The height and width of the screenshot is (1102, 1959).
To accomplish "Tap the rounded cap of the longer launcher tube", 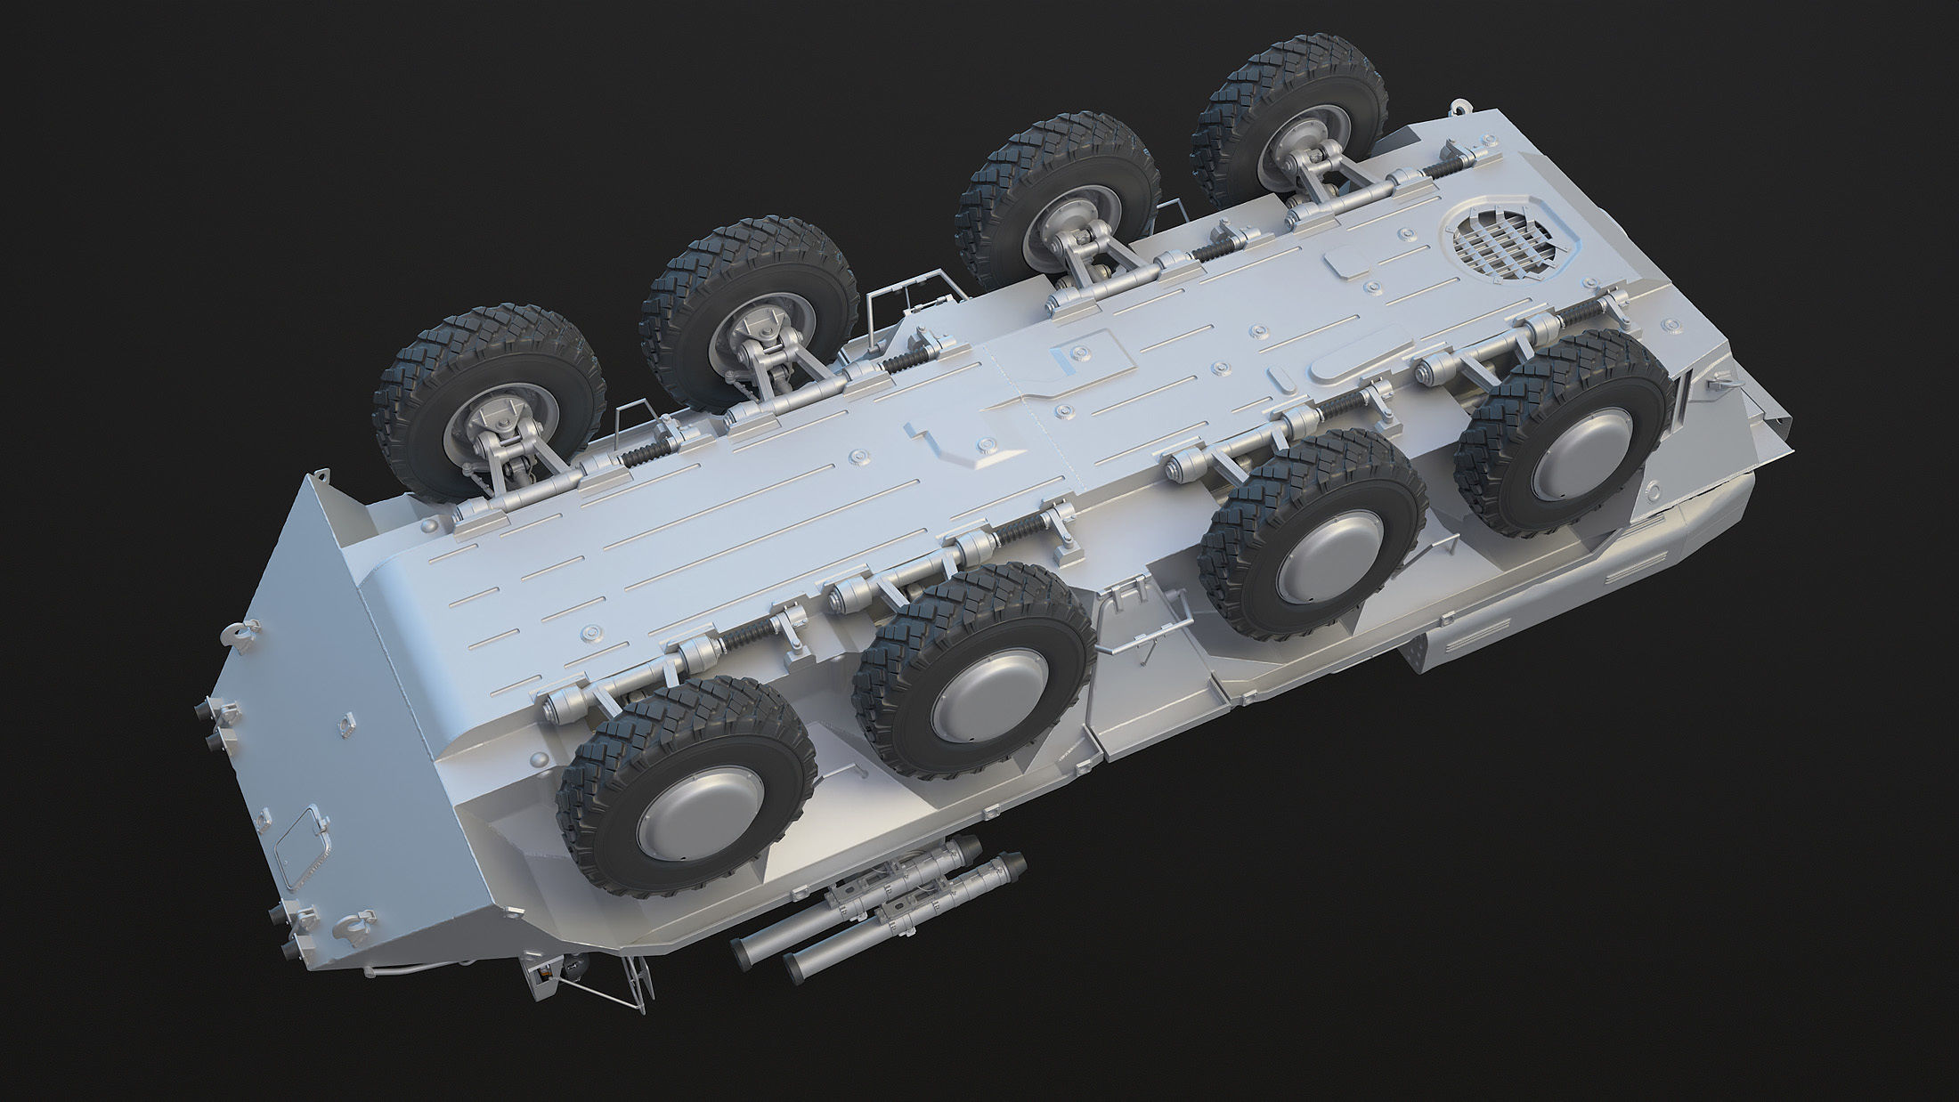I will coord(1013,863).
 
